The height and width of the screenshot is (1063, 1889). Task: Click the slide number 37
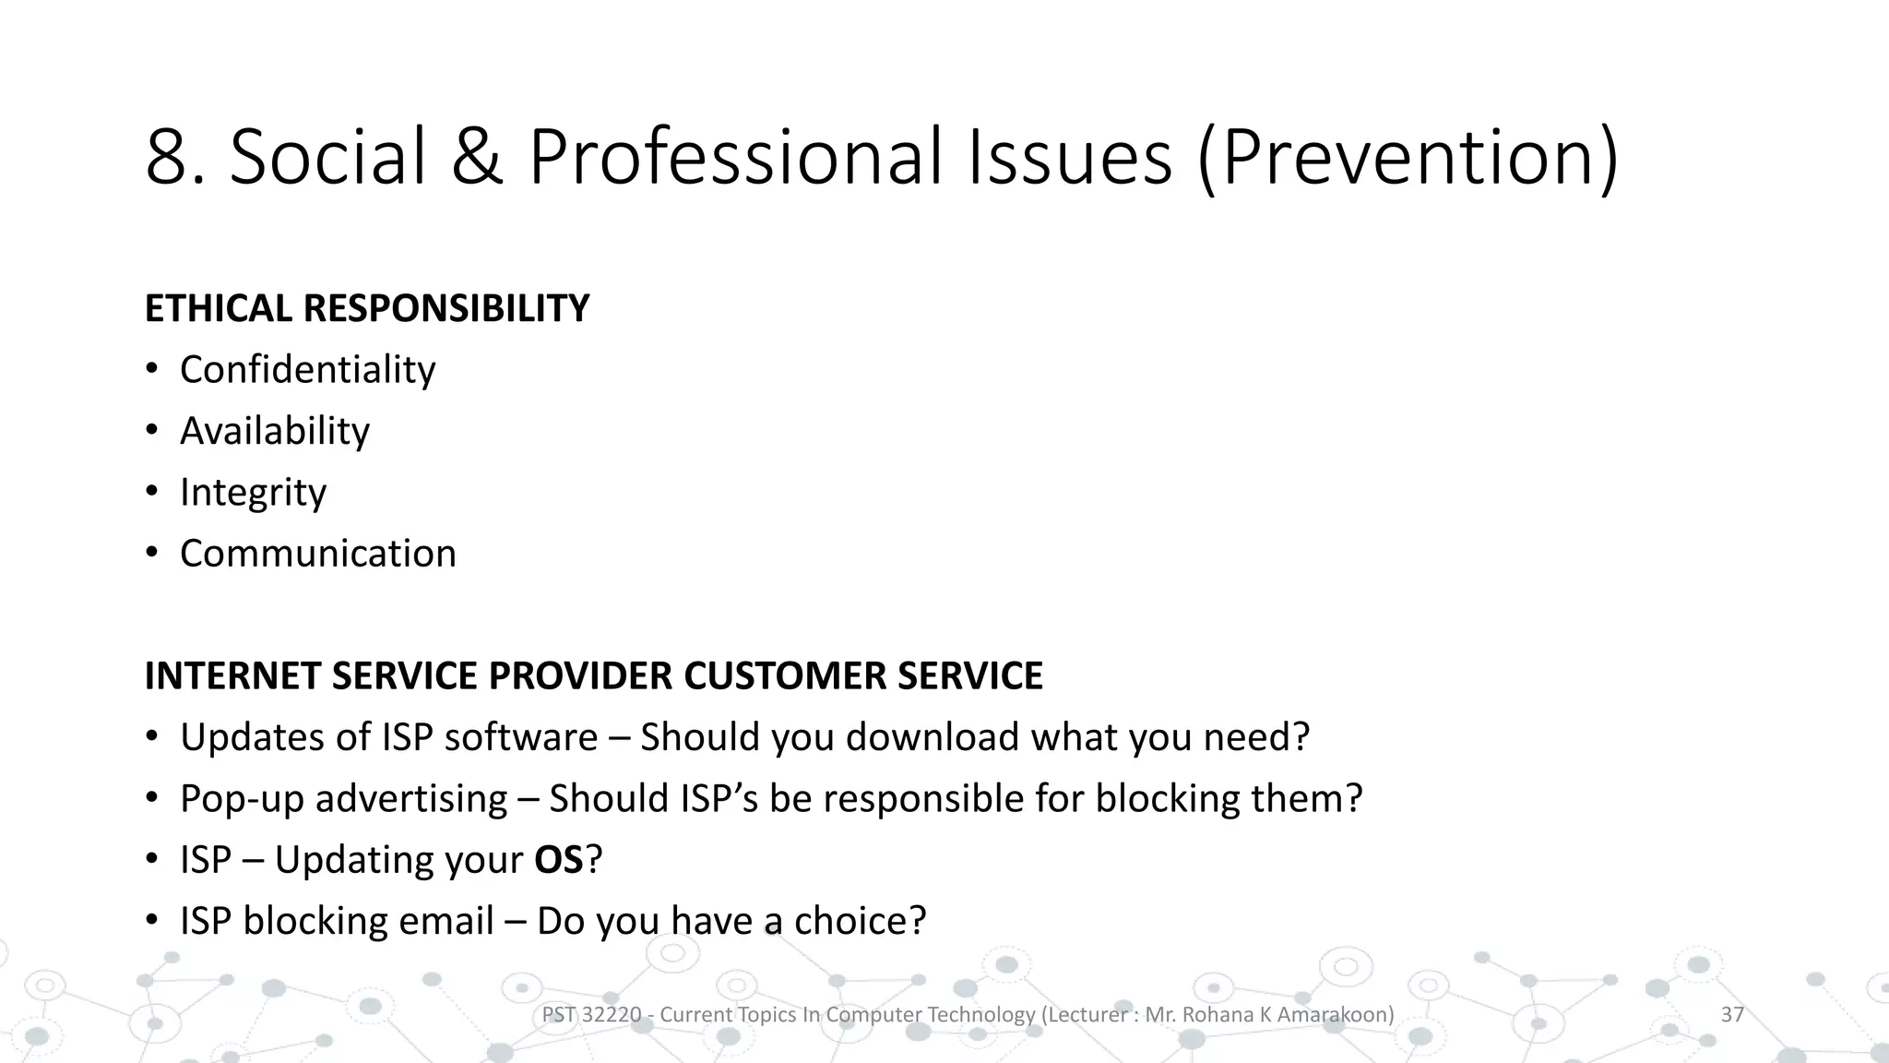point(1732,1015)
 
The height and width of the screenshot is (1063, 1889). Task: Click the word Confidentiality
point(307,370)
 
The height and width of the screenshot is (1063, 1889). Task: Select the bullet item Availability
point(274,431)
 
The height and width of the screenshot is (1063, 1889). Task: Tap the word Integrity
point(253,493)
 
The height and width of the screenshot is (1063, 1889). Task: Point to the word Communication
point(317,554)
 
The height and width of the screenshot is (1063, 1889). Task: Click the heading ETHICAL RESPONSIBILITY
point(366,308)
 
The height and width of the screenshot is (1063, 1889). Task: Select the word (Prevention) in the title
point(1407,157)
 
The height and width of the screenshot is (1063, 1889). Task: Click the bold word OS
point(558,860)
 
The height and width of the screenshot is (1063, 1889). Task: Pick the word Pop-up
point(242,799)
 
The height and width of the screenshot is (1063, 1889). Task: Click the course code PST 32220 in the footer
point(591,1015)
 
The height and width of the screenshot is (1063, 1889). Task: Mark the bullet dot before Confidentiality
point(151,370)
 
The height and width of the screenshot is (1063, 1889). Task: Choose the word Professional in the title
point(738,157)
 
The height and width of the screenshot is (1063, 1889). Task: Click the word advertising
point(411,799)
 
